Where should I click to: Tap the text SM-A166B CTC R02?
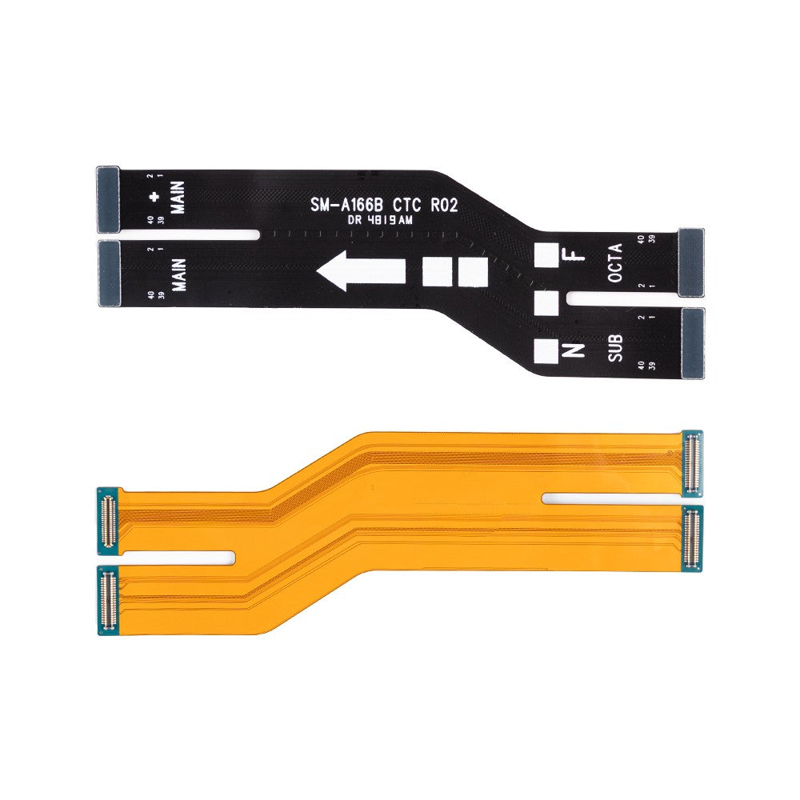click(x=383, y=206)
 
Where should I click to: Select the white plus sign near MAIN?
click(x=154, y=198)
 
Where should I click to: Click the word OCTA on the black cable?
click(x=615, y=263)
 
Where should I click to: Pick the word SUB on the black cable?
click(x=615, y=347)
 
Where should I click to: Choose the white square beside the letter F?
click(x=546, y=255)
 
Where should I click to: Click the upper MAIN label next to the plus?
click(x=177, y=197)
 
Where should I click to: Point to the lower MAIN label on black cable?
click(x=178, y=274)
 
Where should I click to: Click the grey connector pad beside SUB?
click(x=692, y=342)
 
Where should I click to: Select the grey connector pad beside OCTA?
click(x=690, y=261)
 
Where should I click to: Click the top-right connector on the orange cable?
click(x=692, y=462)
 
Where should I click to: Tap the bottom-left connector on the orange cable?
click(x=107, y=600)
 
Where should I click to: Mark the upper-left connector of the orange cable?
click(x=108, y=520)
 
